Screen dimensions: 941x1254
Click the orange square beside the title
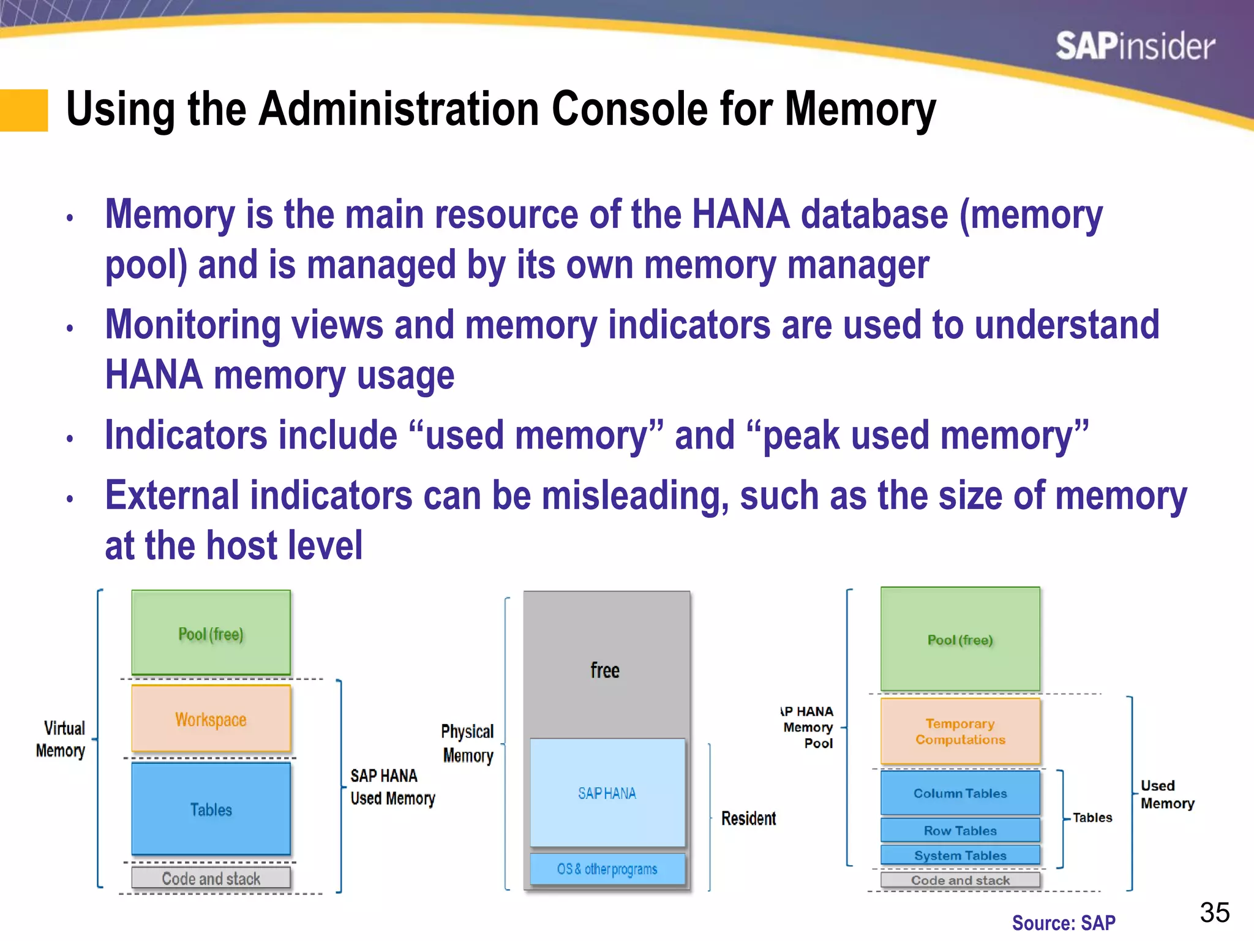coord(24,110)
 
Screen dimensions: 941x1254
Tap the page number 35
coord(1214,912)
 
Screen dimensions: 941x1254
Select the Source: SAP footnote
coord(1064,923)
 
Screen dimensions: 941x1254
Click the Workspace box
coord(211,719)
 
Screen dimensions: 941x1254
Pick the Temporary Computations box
coord(960,731)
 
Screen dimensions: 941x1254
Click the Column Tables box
coord(960,793)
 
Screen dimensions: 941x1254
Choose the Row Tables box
coord(960,831)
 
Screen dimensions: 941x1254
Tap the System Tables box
coord(960,855)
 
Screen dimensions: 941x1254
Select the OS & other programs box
coord(607,869)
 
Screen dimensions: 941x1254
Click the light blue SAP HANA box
coord(607,793)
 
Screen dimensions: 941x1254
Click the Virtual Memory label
coord(61,739)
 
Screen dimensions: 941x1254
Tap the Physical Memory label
coord(468,743)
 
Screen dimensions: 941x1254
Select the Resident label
coord(748,818)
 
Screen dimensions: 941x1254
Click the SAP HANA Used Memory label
coord(392,787)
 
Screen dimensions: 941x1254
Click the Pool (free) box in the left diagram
coord(211,633)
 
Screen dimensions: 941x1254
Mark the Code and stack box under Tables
coord(211,879)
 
